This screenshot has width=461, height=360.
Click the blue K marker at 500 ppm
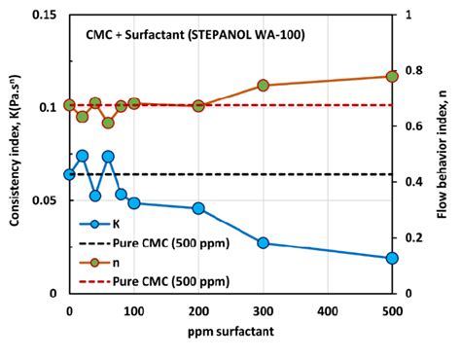(392, 258)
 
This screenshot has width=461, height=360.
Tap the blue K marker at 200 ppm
(198, 208)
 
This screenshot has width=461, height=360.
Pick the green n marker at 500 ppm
(392, 76)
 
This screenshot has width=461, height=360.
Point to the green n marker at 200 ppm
(198, 105)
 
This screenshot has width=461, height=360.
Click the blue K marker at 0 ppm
(69, 174)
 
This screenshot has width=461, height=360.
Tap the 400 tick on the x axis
(328, 310)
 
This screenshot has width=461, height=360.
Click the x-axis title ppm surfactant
(231, 334)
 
